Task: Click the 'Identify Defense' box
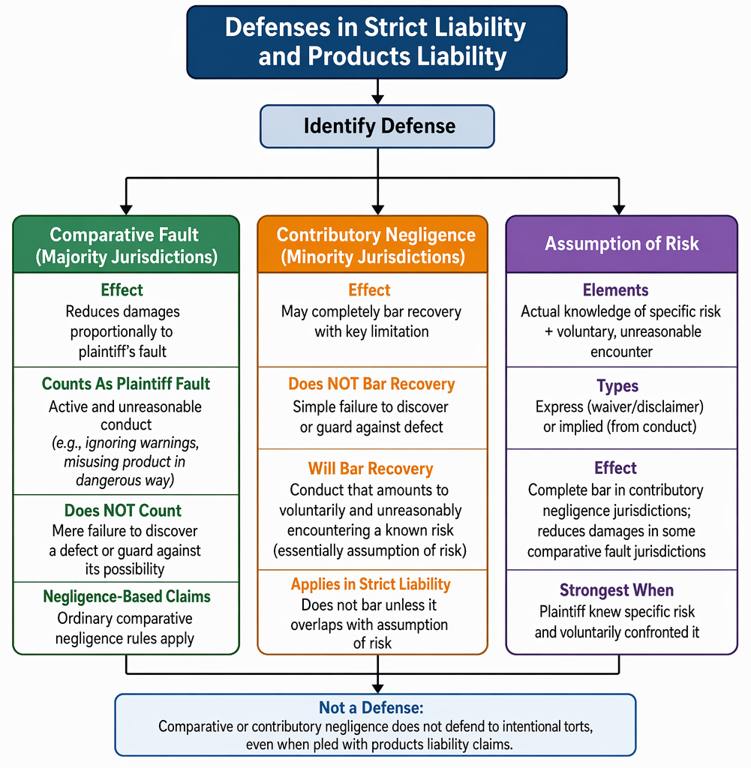(x=377, y=126)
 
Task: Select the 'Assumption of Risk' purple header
(x=621, y=244)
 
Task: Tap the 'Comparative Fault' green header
(x=126, y=244)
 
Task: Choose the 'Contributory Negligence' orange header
(x=372, y=244)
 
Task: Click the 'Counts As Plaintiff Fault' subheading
(x=126, y=384)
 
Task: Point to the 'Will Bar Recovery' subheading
(x=371, y=469)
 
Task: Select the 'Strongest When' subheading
(x=616, y=590)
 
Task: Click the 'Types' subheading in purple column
(x=617, y=386)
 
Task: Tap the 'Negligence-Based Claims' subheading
(x=126, y=596)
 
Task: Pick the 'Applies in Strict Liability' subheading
(x=371, y=584)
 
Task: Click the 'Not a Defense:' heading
(x=371, y=708)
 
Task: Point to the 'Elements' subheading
(x=615, y=290)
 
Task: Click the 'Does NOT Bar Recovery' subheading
(x=371, y=384)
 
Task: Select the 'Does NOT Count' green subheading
(x=122, y=511)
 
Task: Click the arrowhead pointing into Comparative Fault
(x=126, y=210)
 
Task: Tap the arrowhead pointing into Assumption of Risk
(x=619, y=210)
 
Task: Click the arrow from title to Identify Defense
(x=377, y=91)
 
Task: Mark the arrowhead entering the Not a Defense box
(x=377, y=688)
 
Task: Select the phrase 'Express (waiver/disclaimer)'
(x=619, y=406)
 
